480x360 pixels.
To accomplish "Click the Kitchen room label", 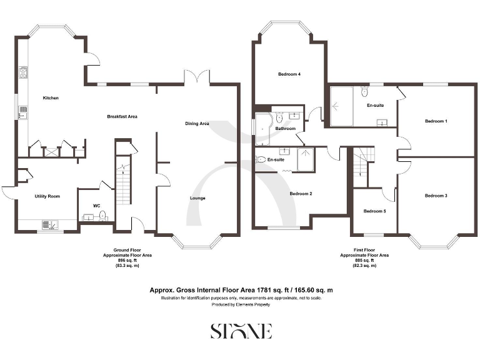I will [x=50, y=98].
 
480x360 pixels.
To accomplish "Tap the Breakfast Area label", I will [x=122, y=116].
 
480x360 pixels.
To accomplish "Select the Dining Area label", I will [x=197, y=124].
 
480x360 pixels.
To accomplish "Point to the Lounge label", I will [x=197, y=198].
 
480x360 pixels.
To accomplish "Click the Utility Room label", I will [x=47, y=196].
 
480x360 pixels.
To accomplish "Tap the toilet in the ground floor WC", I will [x=102, y=216].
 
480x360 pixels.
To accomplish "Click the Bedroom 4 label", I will [x=289, y=74].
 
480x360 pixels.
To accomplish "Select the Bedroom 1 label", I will [x=436, y=121].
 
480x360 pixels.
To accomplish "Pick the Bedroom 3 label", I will [x=436, y=196].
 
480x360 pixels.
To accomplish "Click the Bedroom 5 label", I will [x=375, y=211].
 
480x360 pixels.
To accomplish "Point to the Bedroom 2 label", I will [x=301, y=193].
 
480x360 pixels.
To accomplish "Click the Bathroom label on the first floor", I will [x=286, y=128].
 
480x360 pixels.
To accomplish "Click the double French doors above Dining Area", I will [x=196, y=78].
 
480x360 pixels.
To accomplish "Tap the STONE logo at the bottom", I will [x=241, y=331].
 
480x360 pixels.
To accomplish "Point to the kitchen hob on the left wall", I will [x=24, y=74].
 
